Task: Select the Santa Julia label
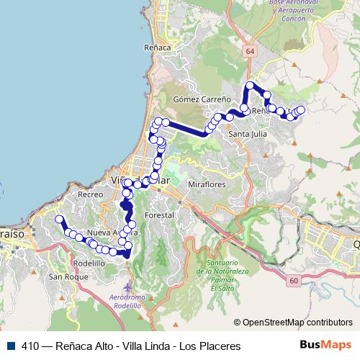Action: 247,133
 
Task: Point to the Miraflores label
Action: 207,184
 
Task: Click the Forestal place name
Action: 159,215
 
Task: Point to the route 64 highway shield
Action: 249,51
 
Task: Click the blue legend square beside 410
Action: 10,346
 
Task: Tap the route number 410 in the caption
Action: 30,346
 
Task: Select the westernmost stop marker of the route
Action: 59,219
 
